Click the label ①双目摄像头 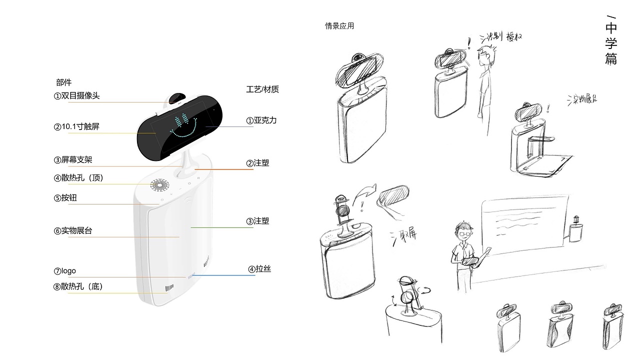(x=77, y=96)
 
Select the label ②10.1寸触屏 (x=77, y=127)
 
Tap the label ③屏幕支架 (x=73, y=160)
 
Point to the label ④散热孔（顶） (x=78, y=177)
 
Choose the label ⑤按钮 (x=65, y=198)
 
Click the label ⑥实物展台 (x=73, y=231)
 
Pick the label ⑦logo (x=65, y=271)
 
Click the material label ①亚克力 (x=261, y=120)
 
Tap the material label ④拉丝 (x=259, y=269)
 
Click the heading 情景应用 (x=339, y=26)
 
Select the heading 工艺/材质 (x=262, y=89)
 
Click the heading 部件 (x=64, y=82)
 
